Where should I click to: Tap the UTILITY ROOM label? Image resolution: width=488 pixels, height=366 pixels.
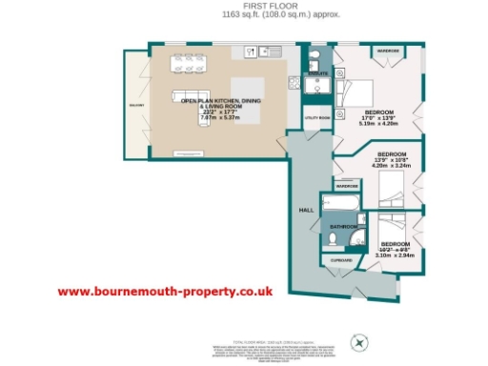click(318, 118)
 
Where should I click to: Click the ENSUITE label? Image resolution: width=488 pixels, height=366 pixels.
click(318, 72)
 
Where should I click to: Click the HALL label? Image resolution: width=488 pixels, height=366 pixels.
click(307, 208)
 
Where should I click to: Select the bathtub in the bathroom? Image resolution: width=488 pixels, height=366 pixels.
click(341, 205)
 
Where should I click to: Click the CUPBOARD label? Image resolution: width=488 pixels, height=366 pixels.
click(341, 259)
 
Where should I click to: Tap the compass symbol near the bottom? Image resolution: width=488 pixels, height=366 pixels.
click(359, 340)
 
